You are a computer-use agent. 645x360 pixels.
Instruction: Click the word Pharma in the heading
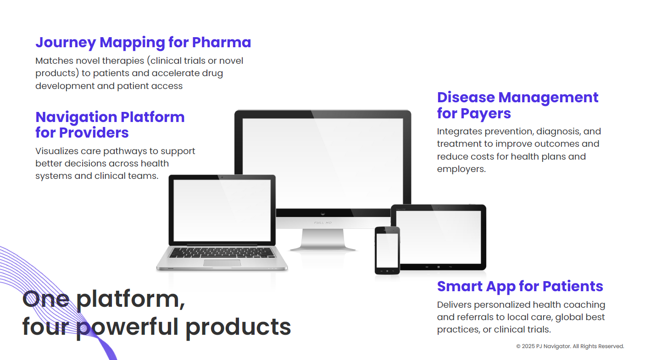[x=222, y=42]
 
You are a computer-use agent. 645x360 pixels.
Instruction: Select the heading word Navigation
[x=76, y=118]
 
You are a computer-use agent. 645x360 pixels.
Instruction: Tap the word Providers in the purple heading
[x=94, y=133]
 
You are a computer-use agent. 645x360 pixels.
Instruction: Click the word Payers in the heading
[x=485, y=114]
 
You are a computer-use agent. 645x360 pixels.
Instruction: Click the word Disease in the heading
[x=466, y=97]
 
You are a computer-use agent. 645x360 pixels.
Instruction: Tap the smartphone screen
[x=387, y=250]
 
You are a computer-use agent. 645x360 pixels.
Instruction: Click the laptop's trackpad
[x=222, y=263]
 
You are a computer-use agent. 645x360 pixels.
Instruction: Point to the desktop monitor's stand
[x=323, y=239]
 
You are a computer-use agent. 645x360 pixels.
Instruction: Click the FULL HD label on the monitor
[x=323, y=223]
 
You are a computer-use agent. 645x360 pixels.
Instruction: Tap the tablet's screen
[x=438, y=237]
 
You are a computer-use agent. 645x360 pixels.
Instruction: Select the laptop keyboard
[x=222, y=253]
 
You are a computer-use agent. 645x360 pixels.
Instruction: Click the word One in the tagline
[x=46, y=299]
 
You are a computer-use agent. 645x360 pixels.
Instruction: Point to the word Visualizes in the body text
[x=56, y=151]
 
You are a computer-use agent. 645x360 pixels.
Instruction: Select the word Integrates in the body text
[x=459, y=132]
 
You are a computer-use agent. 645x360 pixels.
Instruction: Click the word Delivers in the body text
[x=454, y=305]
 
